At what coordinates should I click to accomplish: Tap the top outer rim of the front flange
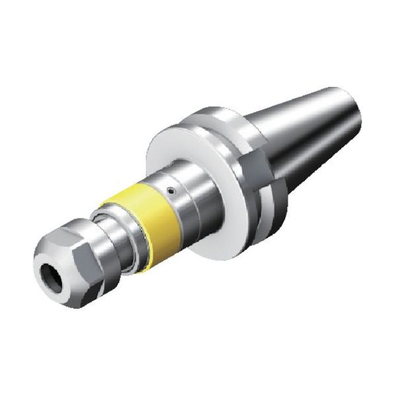197,118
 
